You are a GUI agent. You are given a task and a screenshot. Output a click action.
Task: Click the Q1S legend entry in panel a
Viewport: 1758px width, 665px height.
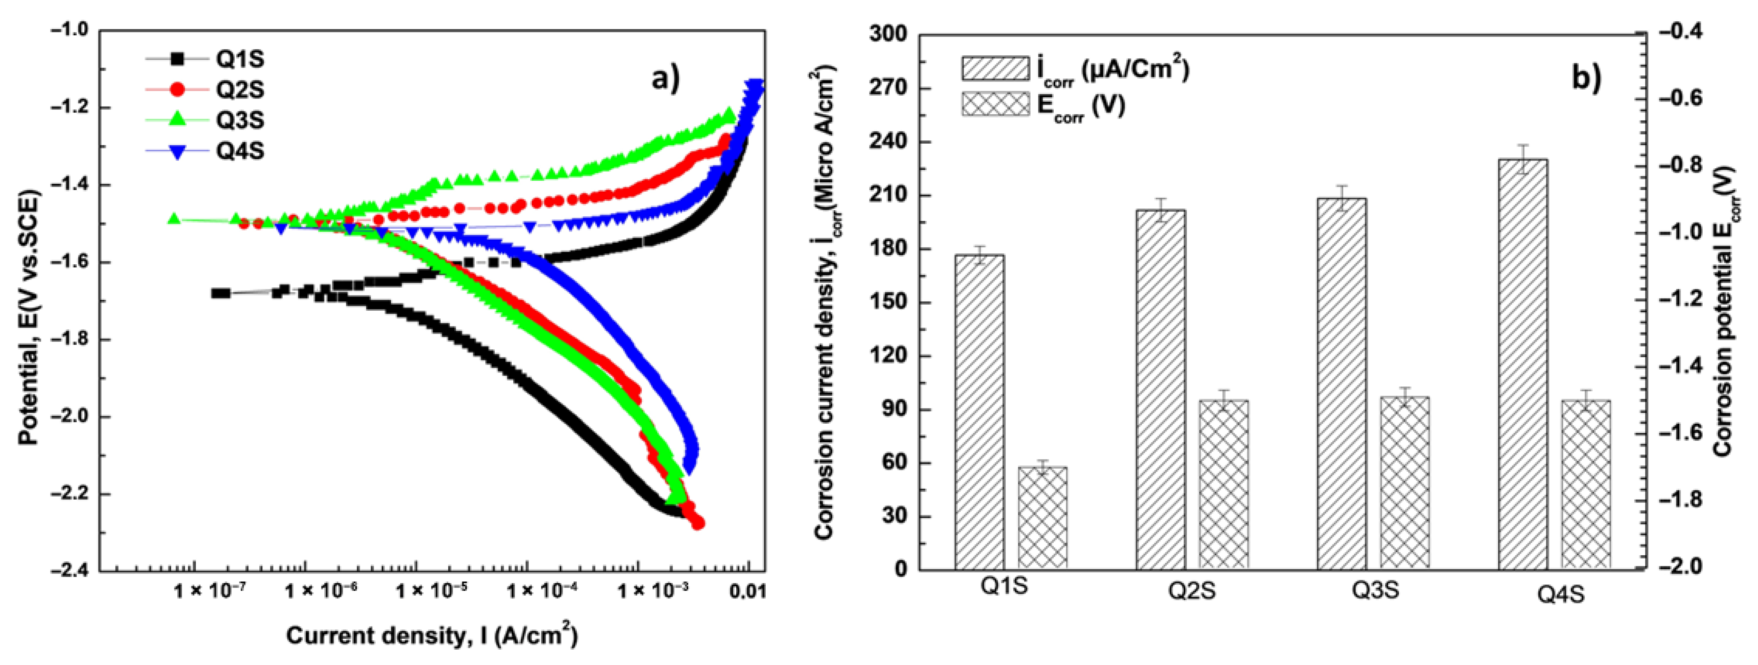(x=205, y=59)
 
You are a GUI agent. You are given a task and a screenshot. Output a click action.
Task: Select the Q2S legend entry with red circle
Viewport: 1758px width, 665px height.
(x=205, y=89)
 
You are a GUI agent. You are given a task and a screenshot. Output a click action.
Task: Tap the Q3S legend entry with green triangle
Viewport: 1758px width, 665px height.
(x=205, y=120)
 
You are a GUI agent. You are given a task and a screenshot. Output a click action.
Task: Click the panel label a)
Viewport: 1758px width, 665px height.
(x=666, y=78)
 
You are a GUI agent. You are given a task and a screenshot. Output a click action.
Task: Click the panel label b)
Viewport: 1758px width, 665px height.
(x=1586, y=78)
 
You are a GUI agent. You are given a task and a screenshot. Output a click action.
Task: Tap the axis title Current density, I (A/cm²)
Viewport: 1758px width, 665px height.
(x=432, y=635)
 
